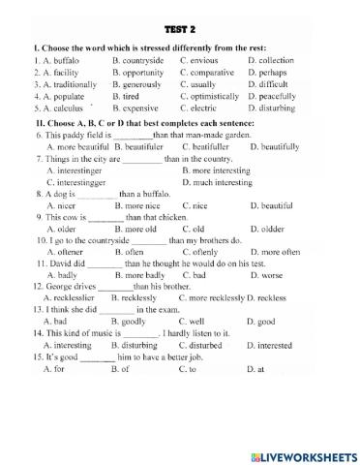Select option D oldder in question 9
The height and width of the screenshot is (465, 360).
[x=272, y=230]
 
